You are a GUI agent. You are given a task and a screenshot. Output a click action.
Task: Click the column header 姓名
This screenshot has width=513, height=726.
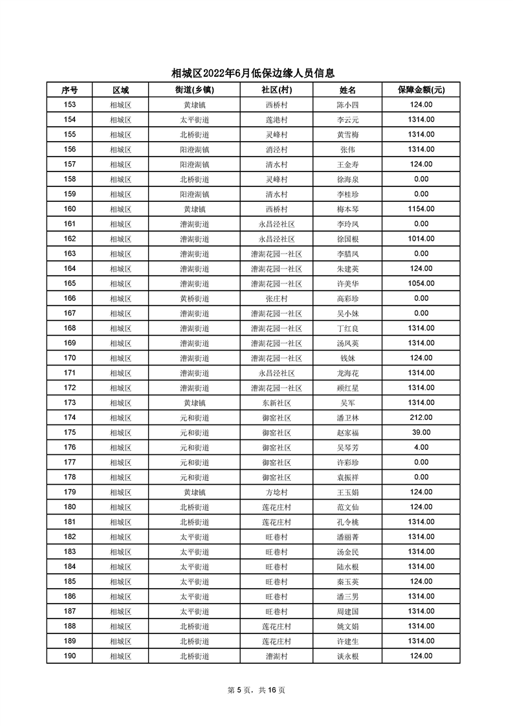point(347,90)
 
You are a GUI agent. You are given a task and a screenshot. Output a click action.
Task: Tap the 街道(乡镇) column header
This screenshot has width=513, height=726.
point(194,90)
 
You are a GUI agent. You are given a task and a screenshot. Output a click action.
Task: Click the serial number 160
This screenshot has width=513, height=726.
point(70,209)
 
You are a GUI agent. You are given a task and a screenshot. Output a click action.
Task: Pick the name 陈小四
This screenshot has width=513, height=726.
point(347,105)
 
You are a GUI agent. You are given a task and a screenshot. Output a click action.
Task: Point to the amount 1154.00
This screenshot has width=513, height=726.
point(421,209)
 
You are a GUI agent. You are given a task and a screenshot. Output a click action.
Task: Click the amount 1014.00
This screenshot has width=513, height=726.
point(421,239)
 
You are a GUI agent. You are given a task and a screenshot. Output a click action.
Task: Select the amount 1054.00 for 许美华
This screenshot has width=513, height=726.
point(421,283)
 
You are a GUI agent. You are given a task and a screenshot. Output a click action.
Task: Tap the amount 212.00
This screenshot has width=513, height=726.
point(421,417)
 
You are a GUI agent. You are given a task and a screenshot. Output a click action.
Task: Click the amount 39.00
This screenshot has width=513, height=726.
point(421,432)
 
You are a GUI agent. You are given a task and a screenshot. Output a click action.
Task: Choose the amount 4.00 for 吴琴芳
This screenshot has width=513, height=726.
point(421,447)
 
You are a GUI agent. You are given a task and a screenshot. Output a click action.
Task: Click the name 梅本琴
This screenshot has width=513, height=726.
point(347,209)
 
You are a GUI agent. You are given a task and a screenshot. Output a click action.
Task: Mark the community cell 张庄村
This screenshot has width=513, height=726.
point(276,298)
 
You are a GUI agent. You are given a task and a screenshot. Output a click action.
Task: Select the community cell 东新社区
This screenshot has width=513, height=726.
point(276,402)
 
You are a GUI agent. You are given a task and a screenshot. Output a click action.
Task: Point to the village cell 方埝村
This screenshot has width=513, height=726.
point(276,492)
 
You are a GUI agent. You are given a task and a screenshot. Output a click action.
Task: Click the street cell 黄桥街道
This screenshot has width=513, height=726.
point(194,298)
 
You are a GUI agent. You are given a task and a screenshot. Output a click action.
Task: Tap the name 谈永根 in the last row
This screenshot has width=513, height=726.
point(347,656)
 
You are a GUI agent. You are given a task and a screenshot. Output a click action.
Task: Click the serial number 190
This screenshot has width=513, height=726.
point(70,656)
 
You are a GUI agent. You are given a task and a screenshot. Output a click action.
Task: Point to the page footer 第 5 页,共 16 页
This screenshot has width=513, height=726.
point(256,690)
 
